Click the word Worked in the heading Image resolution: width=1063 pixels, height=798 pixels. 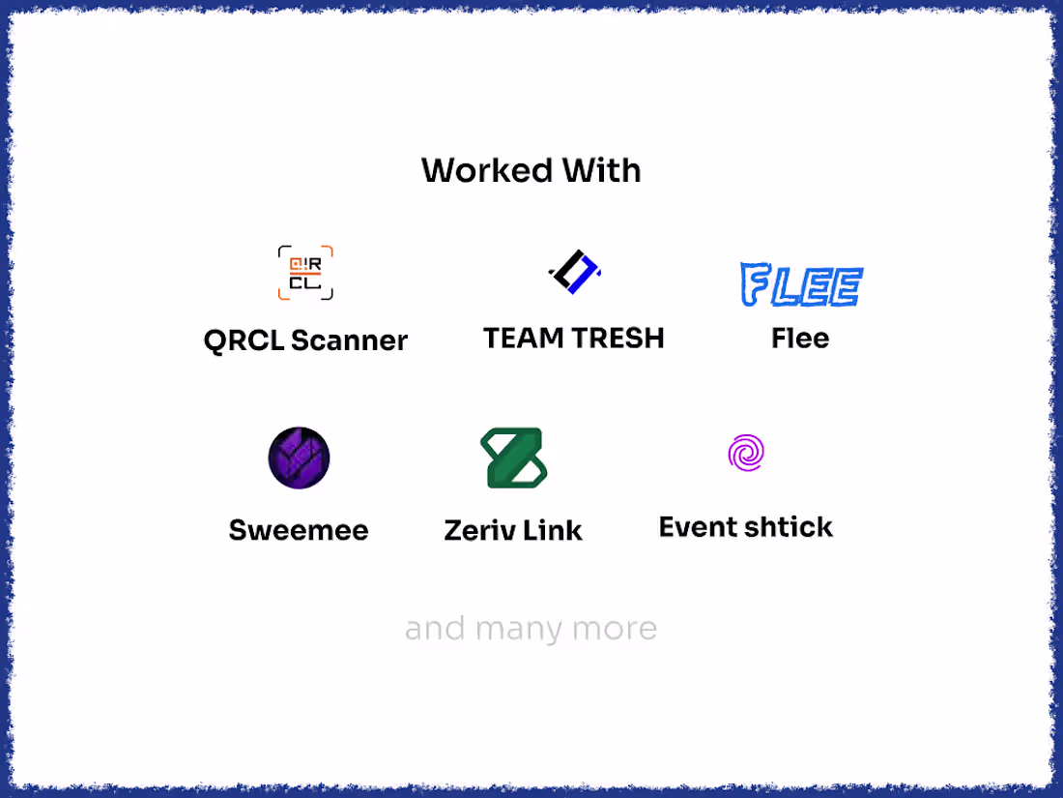[x=486, y=170]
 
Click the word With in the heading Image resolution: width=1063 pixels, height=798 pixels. [x=602, y=170]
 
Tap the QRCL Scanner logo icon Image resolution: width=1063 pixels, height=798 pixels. [x=305, y=273]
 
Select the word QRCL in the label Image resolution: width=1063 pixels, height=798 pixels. [x=244, y=340]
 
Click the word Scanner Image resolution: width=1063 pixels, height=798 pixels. [x=349, y=340]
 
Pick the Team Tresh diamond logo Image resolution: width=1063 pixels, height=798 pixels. [x=575, y=272]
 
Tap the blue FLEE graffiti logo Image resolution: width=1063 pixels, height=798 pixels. [x=801, y=284]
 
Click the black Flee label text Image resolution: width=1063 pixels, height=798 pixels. [x=800, y=338]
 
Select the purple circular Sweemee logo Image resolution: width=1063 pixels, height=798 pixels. [x=299, y=458]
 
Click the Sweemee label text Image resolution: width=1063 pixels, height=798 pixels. [x=299, y=530]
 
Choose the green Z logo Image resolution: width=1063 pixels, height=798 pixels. [x=514, y=458]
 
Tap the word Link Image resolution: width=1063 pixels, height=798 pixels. [x=552, y=530]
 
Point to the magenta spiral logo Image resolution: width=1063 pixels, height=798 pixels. [x=746, y=453]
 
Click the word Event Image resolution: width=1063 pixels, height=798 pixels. [x=699, y=527]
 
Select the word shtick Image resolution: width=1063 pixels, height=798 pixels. [x=790, y=527]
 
